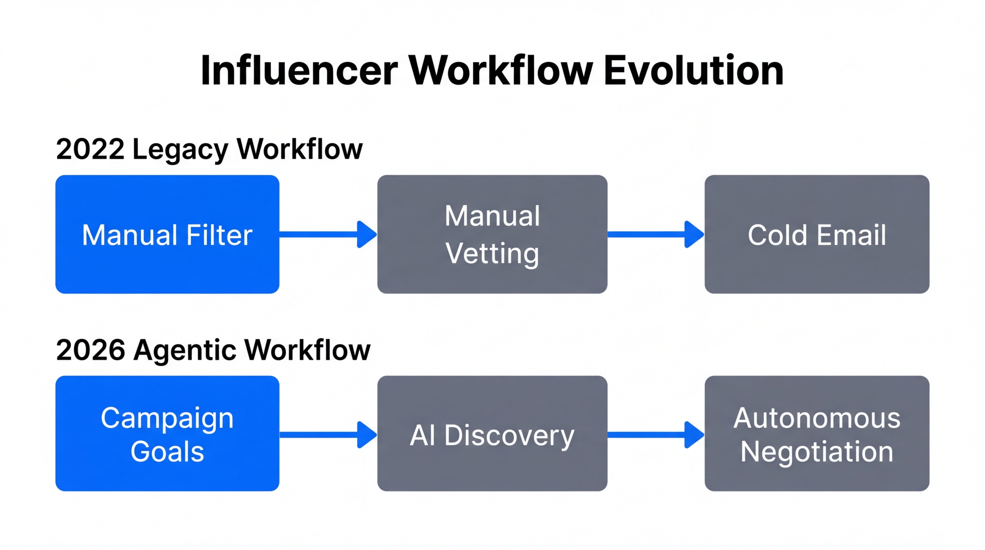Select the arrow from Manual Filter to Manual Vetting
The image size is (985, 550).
(328, 235)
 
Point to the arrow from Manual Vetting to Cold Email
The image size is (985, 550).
(655, 235)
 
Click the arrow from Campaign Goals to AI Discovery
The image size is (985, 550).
(328, 435)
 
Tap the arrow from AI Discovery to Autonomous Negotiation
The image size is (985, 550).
(655, 435)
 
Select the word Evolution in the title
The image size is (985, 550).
(694, 71)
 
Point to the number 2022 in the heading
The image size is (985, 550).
(90, 149)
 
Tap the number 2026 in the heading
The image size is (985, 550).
(91, 350)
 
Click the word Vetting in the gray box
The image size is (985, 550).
(492, 254)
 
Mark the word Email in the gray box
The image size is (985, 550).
(851, 235)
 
